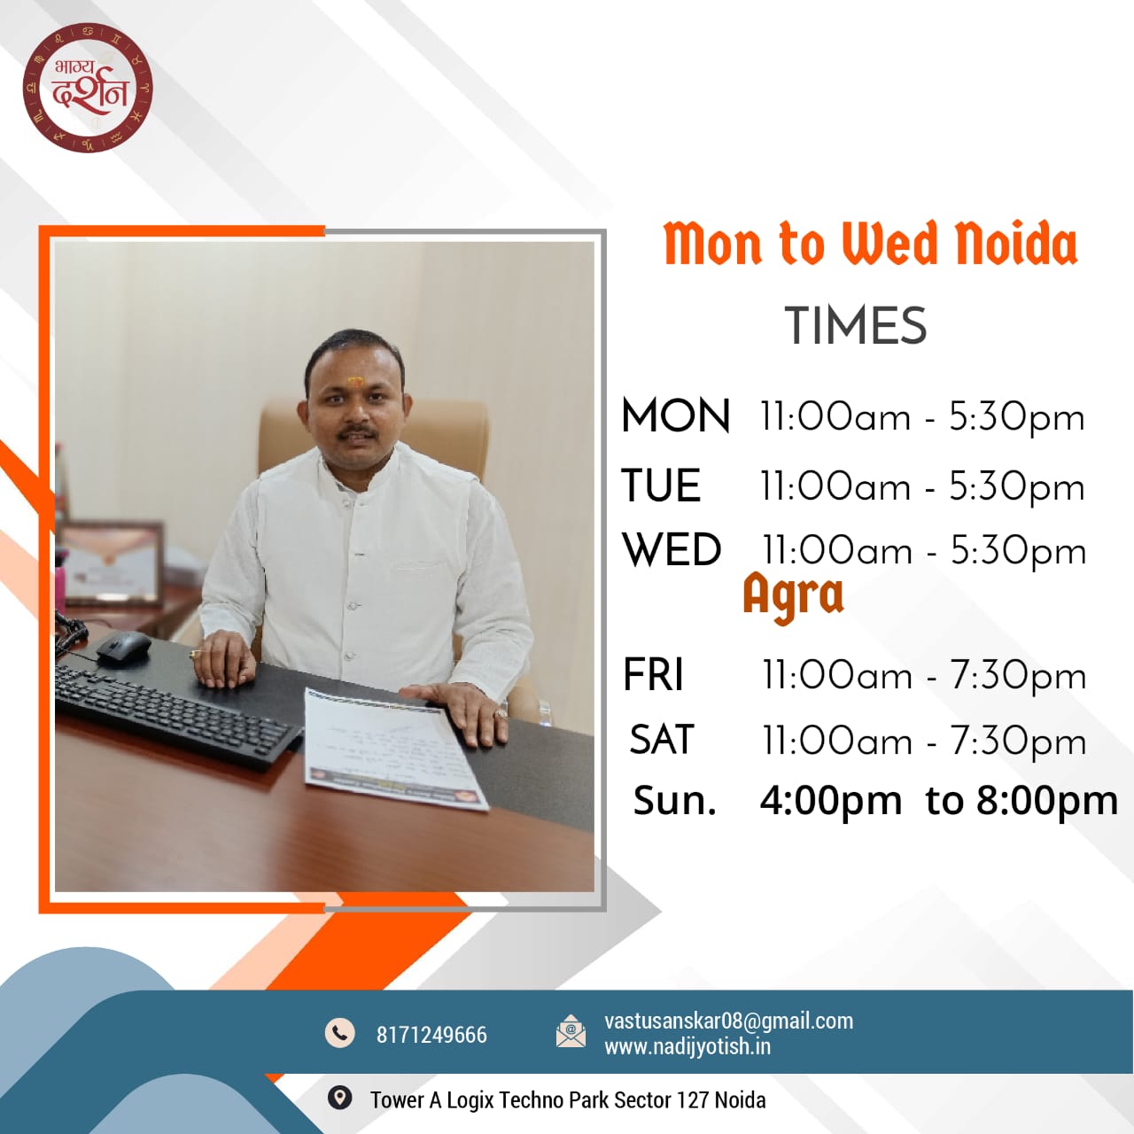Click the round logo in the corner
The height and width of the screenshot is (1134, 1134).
[x=88, y=88]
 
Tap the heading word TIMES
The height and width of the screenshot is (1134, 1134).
[x=856, y=325]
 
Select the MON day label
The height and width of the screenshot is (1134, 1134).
[x=676, y=416]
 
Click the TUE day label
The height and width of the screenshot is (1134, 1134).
[x=661, y=485]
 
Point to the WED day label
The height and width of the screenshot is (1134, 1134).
[x=672, y=549]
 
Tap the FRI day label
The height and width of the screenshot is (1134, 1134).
[x=653, y=674]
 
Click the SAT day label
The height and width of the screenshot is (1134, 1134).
[x=662, y=739]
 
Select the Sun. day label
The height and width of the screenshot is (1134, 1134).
[x=675, y=801]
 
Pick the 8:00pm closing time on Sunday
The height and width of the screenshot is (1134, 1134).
[x=1047, y=801]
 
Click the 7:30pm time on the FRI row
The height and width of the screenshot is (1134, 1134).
[x=1019, y=675]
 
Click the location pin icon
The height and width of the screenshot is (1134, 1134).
[x=339, y=1098]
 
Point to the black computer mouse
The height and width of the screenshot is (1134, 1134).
[x=123, y=648]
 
